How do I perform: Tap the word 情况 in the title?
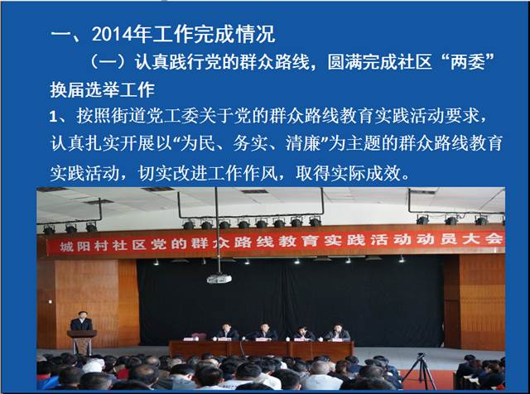coord(256,35)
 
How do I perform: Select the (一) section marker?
coord(108,62)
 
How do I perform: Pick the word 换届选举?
coord(84,90)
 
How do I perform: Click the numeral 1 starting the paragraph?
coord(53,117)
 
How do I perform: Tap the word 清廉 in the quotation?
coord(303,143)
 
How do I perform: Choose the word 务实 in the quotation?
coord(250,143)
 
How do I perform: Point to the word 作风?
coord(260,173)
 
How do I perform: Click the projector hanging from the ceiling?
coord(219,278)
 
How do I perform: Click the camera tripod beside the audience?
coord(421,372)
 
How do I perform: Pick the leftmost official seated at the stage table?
coord(226,332)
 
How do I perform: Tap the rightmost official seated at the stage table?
coord(337,333)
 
